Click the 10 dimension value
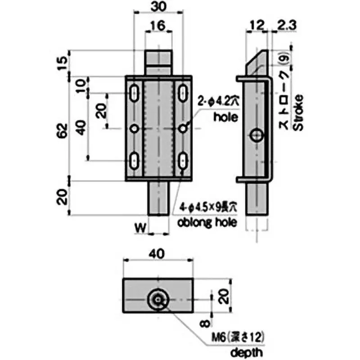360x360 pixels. (x=81, y=85)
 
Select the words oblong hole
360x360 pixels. (x=207, y=222)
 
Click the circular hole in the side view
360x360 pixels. (x=257, y=135)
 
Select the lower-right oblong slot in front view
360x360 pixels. (x=183, y=159)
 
